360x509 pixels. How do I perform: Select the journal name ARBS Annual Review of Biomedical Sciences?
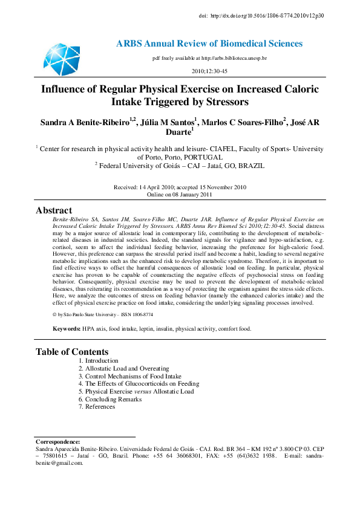[209, 44]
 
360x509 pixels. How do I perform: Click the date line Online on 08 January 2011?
[180, 195]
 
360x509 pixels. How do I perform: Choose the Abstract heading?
[54, 210]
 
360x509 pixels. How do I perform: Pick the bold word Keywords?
[66, 329]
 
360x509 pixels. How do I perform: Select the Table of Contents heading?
[72, 351]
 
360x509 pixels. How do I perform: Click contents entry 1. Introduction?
[98, 360]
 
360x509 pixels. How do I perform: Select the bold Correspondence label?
[58, 443]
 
